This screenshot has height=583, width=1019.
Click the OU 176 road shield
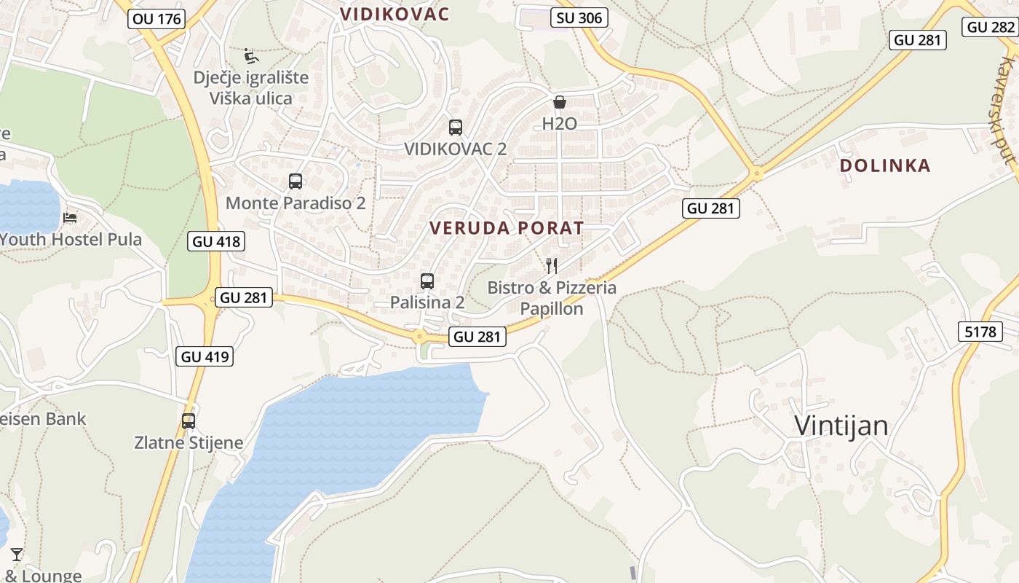pyautogui.click(x=157, y=19)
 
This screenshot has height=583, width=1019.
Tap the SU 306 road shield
pyautogui.click(x=579, y=18)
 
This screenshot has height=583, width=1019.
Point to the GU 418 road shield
pyautogui.click(x=215, y=241)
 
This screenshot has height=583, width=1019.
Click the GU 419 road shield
pyautogui.click(x=205, y=356)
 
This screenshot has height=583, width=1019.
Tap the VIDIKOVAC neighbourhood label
pyautogui.click(x=394, y=14)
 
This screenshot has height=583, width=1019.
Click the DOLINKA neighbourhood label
pyautogui.click(x=885, y=165)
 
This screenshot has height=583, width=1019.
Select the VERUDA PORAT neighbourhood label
pyautogui.click(x=507, y=228)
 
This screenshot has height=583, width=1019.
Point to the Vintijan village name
pyautogui.click(x=841, y=426)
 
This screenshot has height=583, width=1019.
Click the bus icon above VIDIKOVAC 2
pyautogui.click(x=456, y=128)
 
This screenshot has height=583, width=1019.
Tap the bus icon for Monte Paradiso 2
pyautogui.click(x=296, y=181)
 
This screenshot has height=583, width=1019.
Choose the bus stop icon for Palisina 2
pyautogui.click(x=427, y=281)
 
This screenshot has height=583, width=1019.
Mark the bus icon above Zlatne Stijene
pyautogui.click(x=189, y=420)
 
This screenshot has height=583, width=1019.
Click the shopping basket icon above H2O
pyautogui.click(x=559, y=102)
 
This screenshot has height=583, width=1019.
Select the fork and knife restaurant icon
pyautogui.click(x=552, y=266)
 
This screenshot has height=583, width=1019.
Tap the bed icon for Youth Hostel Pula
pyautogui.click(x=70, y=217)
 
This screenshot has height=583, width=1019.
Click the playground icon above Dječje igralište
pyautogui.click(x=251, y=55)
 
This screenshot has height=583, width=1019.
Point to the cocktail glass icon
pyautogui.click(x=17, y=555)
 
